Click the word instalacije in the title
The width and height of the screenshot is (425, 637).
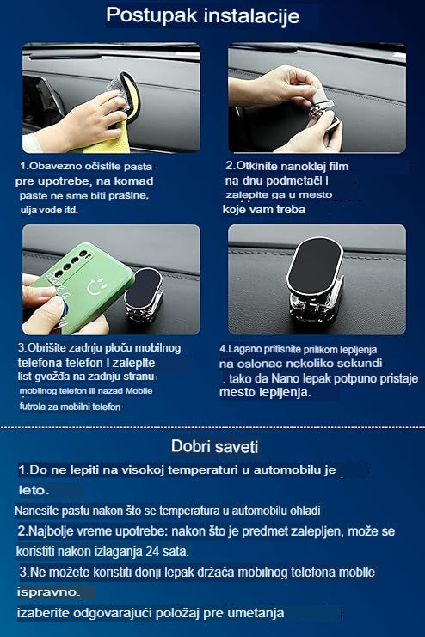[252, 15]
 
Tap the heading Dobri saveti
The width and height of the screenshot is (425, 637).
[215, 446]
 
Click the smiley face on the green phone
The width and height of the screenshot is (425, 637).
[97, 286]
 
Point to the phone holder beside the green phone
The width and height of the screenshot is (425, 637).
[144, 293]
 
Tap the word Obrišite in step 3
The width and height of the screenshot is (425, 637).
[47, 348]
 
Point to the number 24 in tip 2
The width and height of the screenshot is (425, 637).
[152, 552]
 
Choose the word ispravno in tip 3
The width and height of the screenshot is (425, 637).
[46, 592]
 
